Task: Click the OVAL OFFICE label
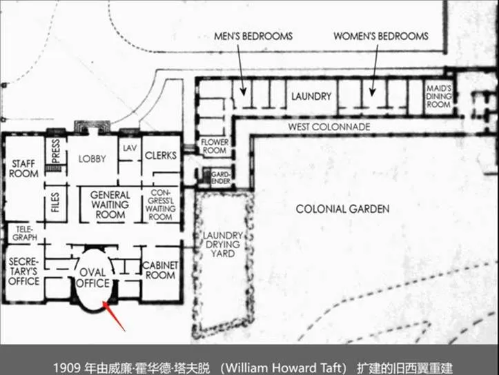(x=93, y=278)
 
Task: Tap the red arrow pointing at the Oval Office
(x=114, y=316)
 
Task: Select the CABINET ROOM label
(x=160, y=270)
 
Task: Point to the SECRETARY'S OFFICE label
(x=24, y=272)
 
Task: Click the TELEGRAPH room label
(x=25, y=233)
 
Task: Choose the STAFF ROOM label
(x=24, y=169)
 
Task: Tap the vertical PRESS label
(x=56, y=151)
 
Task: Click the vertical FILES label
(x=55, y=203)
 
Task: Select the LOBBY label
(x=92, y=159)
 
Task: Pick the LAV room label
(x=130, y=148)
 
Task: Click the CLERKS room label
(x=161, y=155)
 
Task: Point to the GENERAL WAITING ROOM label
(x=110, y=205)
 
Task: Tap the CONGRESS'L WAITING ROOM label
(x=161, y=205)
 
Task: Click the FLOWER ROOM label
(x=215, y=146)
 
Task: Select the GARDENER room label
(x=221, y=178)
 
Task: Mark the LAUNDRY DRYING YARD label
(x=223, y=245)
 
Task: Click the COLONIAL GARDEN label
(x=343, y=209)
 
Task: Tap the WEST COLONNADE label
(x=329, y=127)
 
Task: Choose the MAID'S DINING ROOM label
(x=438, y=97)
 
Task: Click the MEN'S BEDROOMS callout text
(x=253, y=37)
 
